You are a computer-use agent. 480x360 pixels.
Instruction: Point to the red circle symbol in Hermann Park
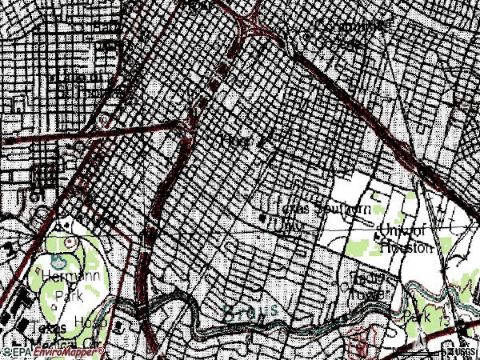click(x=67, y=241)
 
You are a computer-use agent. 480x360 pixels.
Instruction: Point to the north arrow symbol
click(x=421, y=343)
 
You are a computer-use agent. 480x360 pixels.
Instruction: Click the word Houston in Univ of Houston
click(x=406, y=248)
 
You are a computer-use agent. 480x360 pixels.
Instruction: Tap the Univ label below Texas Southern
click(x=286, y=226)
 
